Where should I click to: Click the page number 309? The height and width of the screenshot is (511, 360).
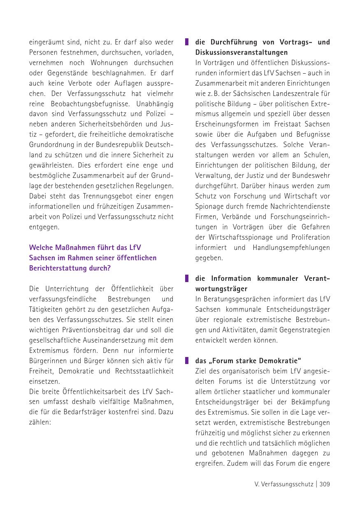[x=324, y=484]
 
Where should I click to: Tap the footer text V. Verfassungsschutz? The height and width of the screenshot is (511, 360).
[x=284, y=484]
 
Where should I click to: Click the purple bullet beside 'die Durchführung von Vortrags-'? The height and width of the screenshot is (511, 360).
[x=186, y=42]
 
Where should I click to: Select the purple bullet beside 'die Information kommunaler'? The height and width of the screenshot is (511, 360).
[x=186, y=278]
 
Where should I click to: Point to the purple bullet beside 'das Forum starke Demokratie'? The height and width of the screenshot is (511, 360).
[x=186, y=361]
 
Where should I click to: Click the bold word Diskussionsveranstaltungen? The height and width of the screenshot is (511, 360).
[x=242, y=52]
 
